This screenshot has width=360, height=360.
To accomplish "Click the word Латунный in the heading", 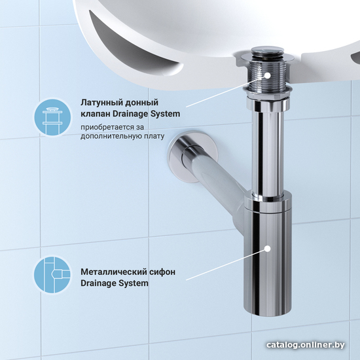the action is (x=98, y=103).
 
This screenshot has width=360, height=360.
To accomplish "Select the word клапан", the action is (x=96, y=114).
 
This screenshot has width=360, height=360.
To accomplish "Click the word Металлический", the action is (x=113, y=272).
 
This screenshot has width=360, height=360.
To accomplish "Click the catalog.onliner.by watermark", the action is (x=306, y=344).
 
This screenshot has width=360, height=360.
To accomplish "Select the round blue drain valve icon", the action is (x=52, y=117).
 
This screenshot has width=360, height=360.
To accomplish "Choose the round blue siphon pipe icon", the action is (x=52, y=274).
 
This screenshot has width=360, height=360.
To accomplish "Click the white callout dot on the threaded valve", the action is (x=268, y=75).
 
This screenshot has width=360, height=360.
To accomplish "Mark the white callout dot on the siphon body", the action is (x=268, y=249).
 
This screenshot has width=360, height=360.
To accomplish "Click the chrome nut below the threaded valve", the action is (x=268, y=104).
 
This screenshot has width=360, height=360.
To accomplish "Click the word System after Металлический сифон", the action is (x=134, y=283).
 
